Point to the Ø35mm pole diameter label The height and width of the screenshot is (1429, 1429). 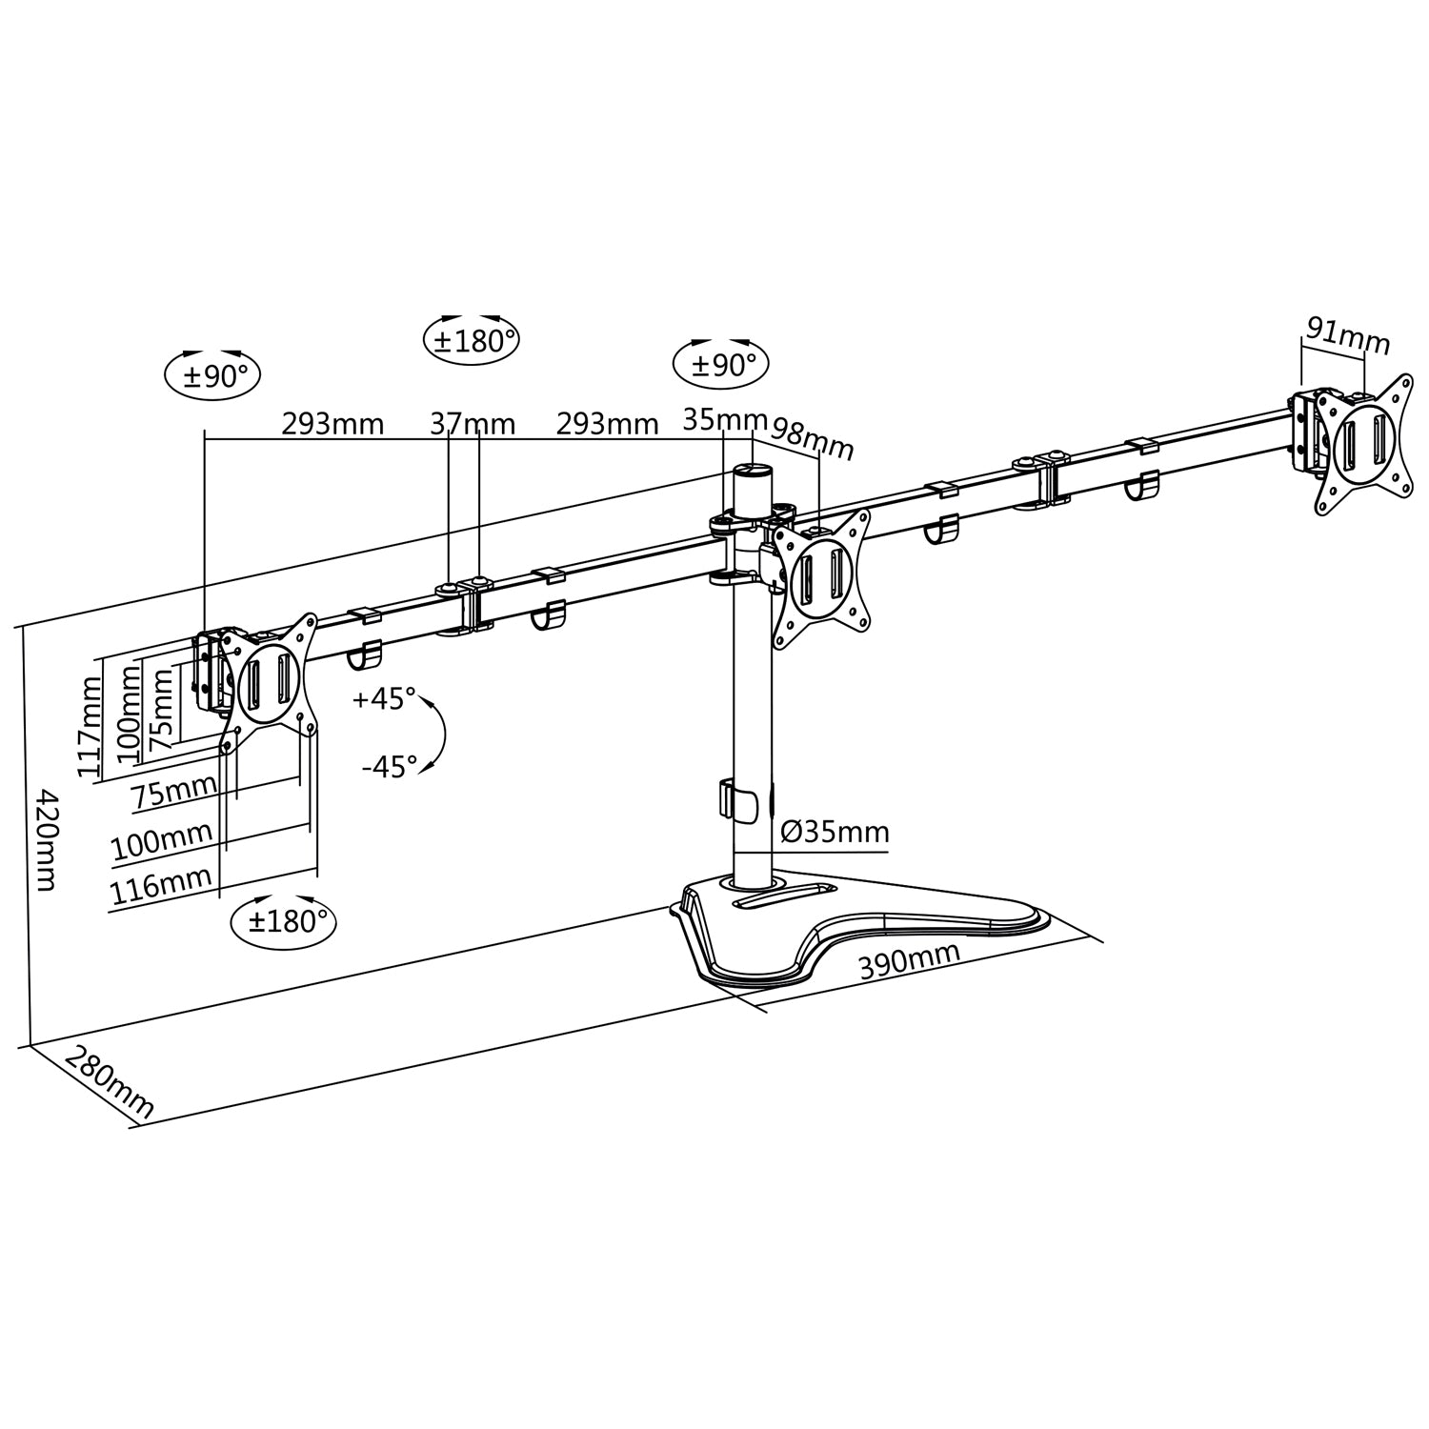835,832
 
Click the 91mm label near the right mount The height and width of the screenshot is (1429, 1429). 1347,335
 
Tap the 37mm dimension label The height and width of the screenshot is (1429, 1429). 472,423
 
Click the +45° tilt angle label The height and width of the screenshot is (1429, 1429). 384,698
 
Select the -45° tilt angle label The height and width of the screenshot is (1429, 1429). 389,766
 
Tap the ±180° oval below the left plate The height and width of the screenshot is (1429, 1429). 284,921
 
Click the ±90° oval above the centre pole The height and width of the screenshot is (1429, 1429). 720,365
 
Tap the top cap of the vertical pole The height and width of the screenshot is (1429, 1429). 753,471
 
